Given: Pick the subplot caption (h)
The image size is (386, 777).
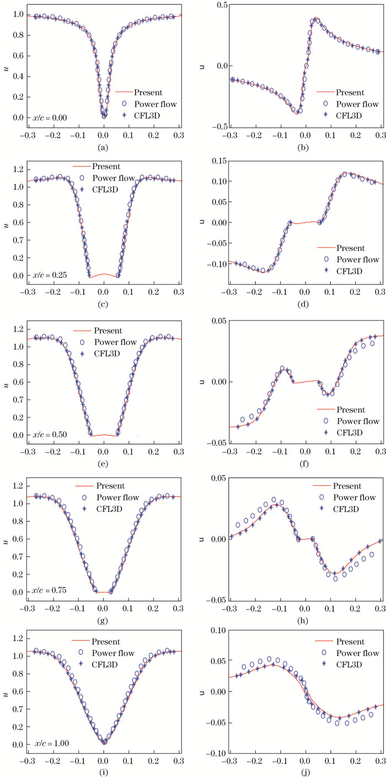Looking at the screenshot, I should [304, 620].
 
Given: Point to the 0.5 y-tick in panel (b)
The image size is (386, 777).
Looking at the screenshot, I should [214, 5].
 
